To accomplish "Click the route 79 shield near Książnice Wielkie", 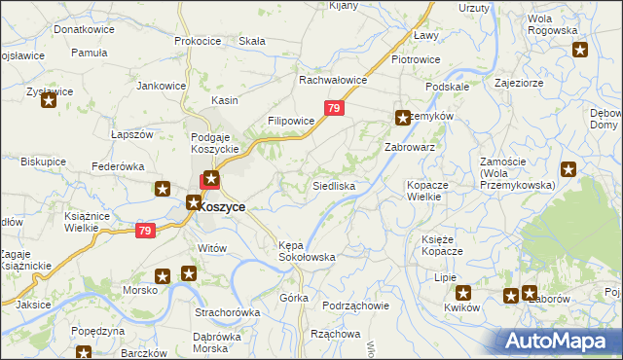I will coord(145,231).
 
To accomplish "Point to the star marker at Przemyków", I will coord(402,118).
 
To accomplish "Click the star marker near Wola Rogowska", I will coord(580,53).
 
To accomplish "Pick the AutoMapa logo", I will coord(559,341).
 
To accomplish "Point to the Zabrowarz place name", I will coord(409,147).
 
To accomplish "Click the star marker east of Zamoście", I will coord(569,169).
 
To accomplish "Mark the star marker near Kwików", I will coord(463,292).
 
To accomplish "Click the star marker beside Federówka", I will coord(163,190).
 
